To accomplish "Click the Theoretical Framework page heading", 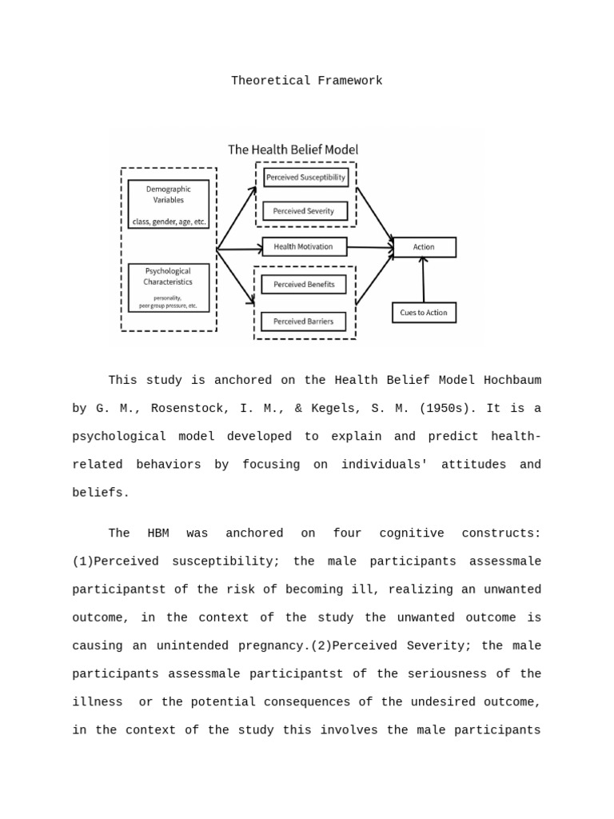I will coord(306,81).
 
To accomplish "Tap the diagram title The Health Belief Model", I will coord(293,150).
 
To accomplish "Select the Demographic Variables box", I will coord(169,203).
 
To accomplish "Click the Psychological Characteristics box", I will coord(169,287).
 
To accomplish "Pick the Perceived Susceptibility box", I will coord(305,178).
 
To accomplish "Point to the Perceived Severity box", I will coord(305,211).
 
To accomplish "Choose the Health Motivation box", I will coord(304,247).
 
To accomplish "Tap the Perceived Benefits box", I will coord(304,284).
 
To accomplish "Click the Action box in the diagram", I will coord(424,247).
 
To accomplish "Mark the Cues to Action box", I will coord(424,313).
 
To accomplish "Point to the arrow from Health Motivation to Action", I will coord(369,248).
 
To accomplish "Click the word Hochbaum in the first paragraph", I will coord(512,381).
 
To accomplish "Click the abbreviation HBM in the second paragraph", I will coord(158,533).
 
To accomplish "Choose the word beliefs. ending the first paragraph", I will coord(101,493).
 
